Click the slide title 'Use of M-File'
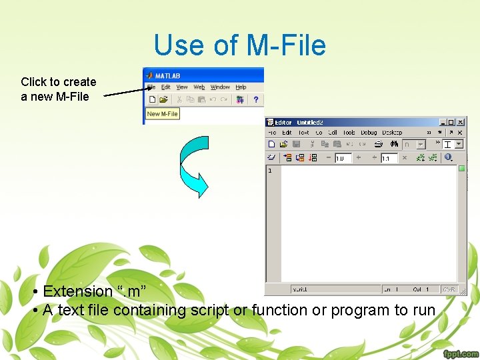pyautogui.click(x=239, y=45)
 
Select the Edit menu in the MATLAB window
pyautogui.click(x=165, y=87)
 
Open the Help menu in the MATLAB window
pyautogui.click(x=241, y=87)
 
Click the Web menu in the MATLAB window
pyautogui.click(x=199, y=87)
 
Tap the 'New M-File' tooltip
pyautogui.click(x=162, y=114)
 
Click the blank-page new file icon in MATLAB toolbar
pyautogui.click(x=152, y=100)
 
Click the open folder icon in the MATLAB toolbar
pyautogui.click(x=163, y=100)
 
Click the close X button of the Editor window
pyautogui.click(x=461, y=123)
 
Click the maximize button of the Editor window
pyautogui.click(x=451, y=123)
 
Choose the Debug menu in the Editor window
pyautogui.click(x=369, y=133)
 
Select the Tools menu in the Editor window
pyautogui.click(x=349, y=133)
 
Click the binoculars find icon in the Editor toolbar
pyautogui.click(x=395, y=144)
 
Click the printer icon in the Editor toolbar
pyautogui.click(x=379, y=144)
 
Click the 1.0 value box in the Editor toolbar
pyautogui.click(x=343, y=159)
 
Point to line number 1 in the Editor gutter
pyautogui.click(x=270, y=171)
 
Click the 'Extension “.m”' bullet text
pyautogui.click(x=93, y=291)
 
